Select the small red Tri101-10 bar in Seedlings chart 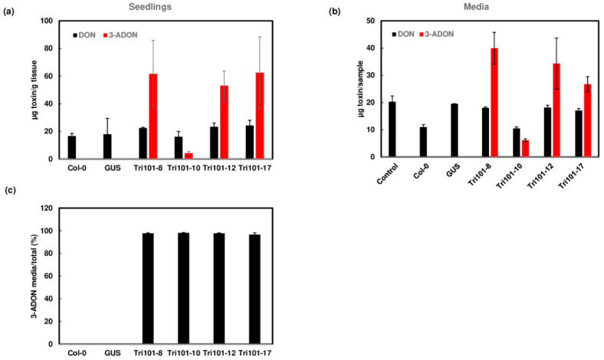189,155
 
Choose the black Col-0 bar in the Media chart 422,142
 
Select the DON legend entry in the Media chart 399,34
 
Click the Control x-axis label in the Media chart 389,175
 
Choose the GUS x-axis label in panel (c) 111,354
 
